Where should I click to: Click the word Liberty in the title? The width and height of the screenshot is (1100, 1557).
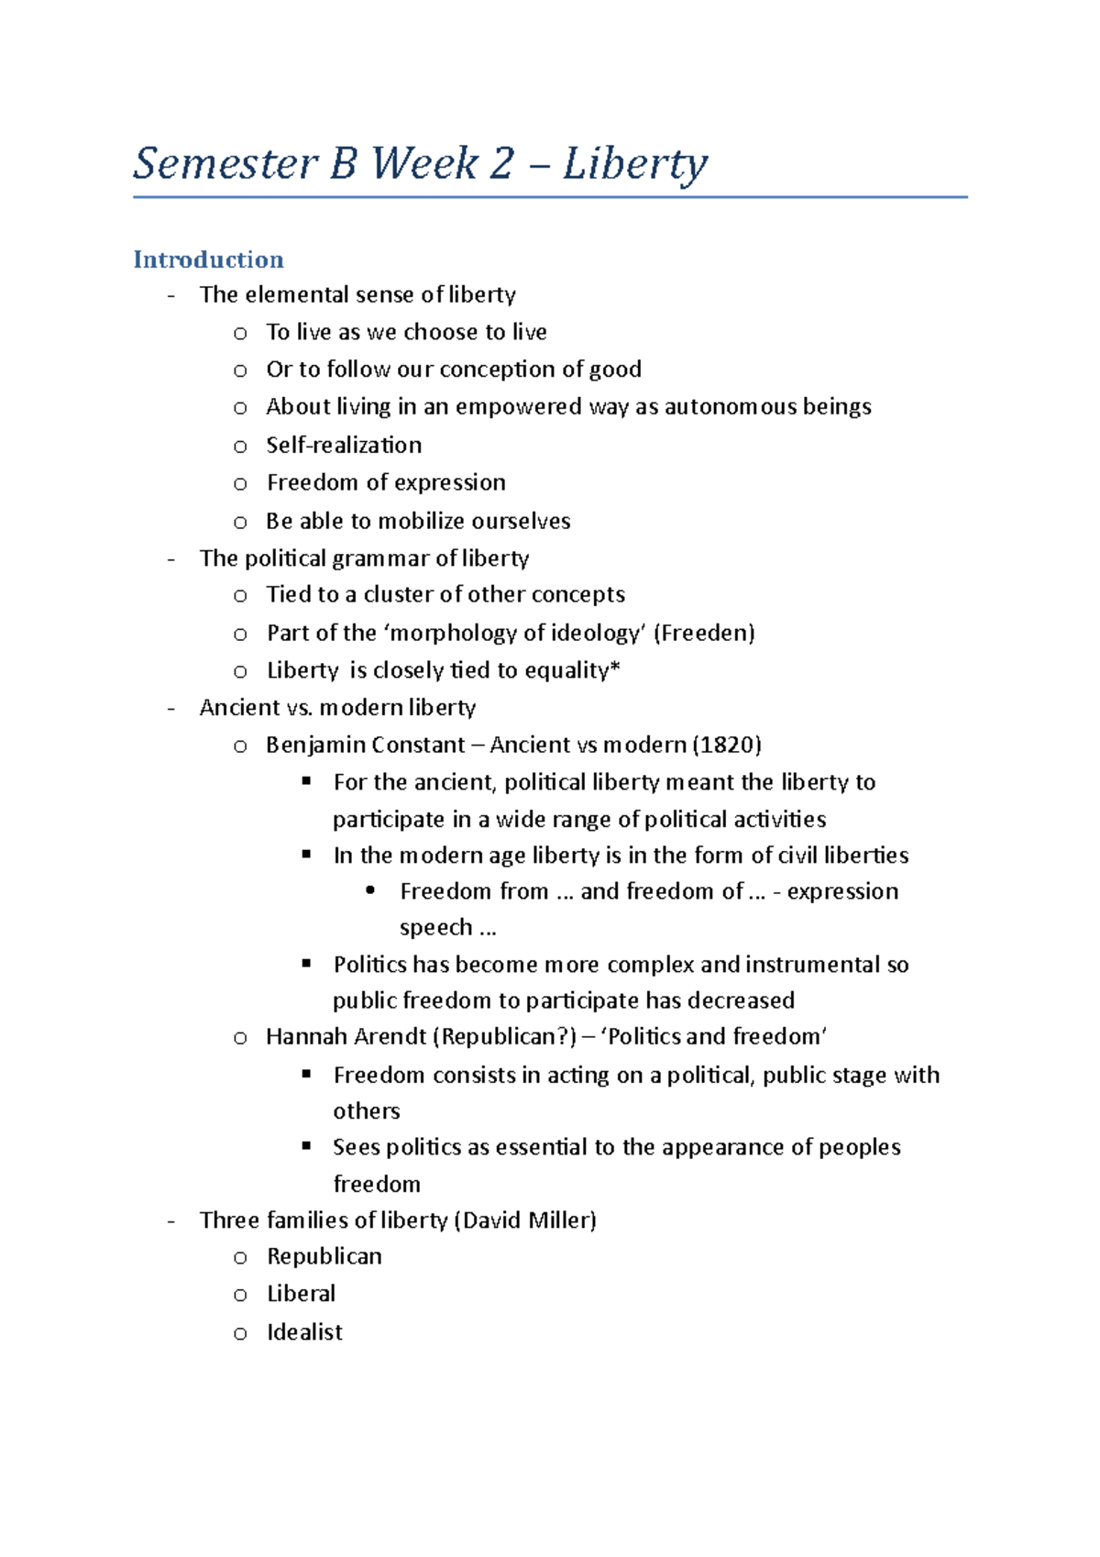click(634, 165)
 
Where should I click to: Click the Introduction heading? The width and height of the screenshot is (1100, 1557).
click(208, 259)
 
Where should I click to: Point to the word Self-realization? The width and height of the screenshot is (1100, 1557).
click(344, 445)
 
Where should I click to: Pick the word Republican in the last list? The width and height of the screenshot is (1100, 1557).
click(324, 1256)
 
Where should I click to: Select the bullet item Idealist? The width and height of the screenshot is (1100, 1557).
click(304, 1332)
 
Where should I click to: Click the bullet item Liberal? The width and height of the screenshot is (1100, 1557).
click(301, 1294)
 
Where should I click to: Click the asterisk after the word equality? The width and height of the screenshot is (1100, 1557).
click(615, 668)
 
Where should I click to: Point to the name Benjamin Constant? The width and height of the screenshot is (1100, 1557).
click(365, 745)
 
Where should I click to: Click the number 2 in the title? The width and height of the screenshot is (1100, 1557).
click(501, 165)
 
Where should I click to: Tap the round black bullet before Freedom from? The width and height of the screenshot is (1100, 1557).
click(370, 890)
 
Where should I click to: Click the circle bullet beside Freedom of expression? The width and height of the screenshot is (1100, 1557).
click(240, 484)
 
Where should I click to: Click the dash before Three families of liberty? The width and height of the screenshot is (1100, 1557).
click(171, 1221)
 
